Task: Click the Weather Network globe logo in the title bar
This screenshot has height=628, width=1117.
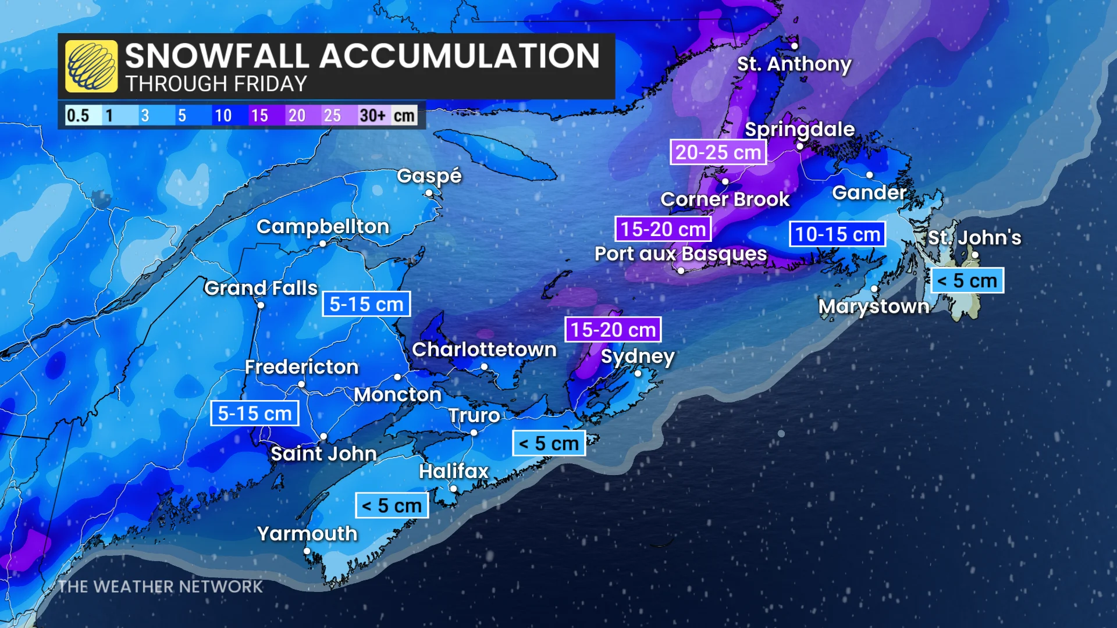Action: click(x=91, y=66)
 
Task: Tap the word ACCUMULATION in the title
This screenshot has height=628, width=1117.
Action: click(x=459, y=56)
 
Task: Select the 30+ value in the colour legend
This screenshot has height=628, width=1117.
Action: click(x=372, y=115)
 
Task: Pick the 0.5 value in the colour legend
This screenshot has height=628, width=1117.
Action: click(x=78, y=115)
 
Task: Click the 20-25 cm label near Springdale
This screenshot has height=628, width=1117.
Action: click(x=718, y=152)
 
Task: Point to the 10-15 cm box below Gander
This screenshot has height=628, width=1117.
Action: click(x=837, y=234)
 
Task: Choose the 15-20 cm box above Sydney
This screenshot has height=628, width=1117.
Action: click(x=613, y=330)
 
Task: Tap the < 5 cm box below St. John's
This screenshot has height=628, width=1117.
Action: click(x=967, y=281)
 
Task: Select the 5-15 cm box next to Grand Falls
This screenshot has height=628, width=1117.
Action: click(x=366, y=304)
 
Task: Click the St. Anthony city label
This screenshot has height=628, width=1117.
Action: click(x=794, y=63)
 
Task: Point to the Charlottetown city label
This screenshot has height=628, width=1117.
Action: click(x=484, y=349)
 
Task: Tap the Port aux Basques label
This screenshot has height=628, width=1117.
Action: click(x=681, y=254)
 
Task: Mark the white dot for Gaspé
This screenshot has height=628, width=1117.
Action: click(x=429, y=193)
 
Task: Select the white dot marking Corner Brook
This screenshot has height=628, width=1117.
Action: click(x=725, y=182)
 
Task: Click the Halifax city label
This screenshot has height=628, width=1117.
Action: click(x=454, y=471)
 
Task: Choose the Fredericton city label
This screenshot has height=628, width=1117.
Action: click(x=301, y=367)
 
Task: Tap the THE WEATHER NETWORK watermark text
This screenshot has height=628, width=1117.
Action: click(x=161, y=587)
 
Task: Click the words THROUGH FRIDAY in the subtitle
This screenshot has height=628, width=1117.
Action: click(x=216, y=84)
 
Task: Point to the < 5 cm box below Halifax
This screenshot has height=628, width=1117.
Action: click(x=392, y=506)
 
